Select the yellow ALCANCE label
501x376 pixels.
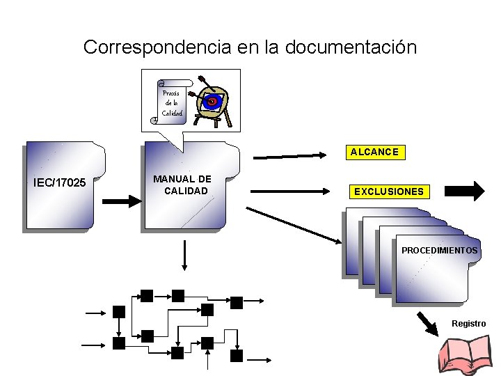[374, 152]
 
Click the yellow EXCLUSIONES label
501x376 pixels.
[388, 191]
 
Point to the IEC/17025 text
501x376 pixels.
[59, 183]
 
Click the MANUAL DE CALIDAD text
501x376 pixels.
[183, 185]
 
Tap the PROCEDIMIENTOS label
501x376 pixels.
[439, 250]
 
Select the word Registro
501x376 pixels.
[468, 324]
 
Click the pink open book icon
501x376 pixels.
[466, 356]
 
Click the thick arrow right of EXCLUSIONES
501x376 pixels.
[464, 191]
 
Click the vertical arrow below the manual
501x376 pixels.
[184, 255]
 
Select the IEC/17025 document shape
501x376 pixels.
[63, 187]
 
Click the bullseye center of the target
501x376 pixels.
[212, 102]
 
